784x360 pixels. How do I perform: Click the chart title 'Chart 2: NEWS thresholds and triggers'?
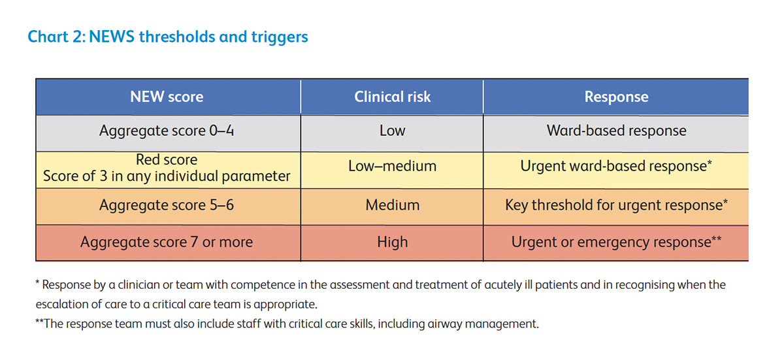(167, 37)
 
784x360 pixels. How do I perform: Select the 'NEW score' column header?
(167, 97)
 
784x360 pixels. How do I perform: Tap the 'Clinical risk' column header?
(392, 97)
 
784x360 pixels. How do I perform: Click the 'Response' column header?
(616, 97)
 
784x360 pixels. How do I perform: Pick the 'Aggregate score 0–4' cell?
(167, 131)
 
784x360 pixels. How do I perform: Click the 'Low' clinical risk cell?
(392, 131)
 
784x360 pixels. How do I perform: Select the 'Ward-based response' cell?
(616, 131)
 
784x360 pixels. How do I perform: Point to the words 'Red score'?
(167, 159)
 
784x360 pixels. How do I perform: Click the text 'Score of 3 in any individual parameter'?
(167, 176)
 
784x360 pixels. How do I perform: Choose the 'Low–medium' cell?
(392, 167)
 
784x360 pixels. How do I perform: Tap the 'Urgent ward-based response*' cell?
(616, 167)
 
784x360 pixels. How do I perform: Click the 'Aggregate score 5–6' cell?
(167, 205)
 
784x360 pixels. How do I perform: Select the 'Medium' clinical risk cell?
(392, 205)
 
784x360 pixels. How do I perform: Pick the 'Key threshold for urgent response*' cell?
(616, 205)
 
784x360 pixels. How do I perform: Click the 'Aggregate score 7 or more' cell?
(167, 242)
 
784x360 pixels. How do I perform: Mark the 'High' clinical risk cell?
(392, 242)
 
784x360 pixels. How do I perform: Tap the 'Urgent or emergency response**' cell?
(616, 242)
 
